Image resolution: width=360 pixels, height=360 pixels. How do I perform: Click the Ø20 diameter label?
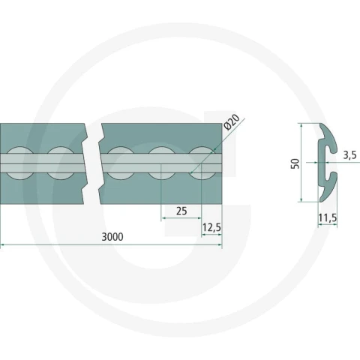pos(232,121)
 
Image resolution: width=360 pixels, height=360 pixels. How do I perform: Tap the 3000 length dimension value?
pos(112,237)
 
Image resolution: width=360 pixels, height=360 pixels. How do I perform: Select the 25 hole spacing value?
pos(181,211)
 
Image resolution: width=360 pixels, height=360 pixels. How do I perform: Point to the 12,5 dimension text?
pos(211,227)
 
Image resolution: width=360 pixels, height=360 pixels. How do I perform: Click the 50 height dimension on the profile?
pos(295,163)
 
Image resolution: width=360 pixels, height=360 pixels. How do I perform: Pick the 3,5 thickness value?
pos(349,155)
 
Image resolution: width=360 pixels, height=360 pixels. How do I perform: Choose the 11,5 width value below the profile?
pos(328,218)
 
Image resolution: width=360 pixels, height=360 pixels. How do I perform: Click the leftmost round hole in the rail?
pos(19,163)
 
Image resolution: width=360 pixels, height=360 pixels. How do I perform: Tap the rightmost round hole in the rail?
pos(202,163)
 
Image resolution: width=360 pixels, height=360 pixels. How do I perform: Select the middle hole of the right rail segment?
pos(162,163)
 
